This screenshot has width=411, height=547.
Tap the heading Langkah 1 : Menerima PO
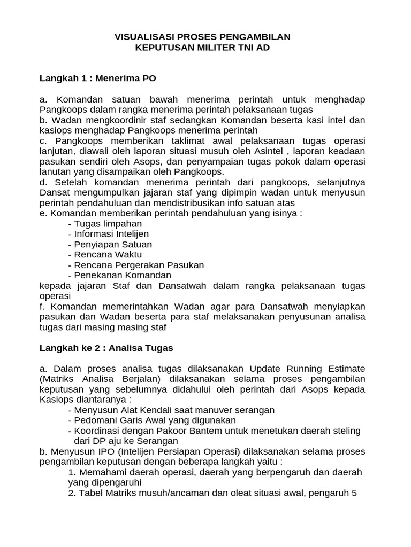click(98, 79)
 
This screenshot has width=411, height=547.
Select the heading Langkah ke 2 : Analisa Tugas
click(106, 348)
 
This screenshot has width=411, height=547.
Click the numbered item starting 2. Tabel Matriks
click(212, 493)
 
